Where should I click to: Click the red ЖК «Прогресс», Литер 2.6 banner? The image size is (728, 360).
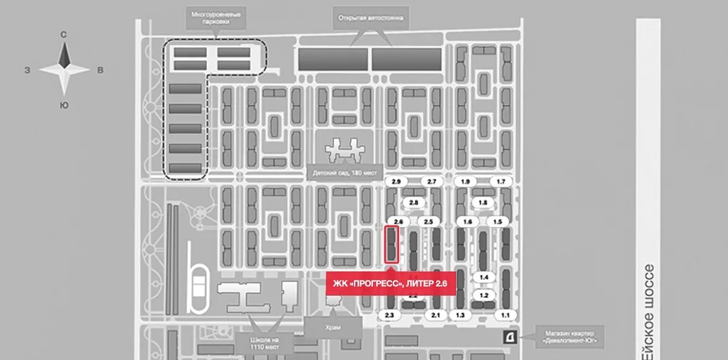390,284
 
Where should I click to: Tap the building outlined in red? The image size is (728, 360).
391,245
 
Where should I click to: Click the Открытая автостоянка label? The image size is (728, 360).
371,18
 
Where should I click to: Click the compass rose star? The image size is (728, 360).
64,70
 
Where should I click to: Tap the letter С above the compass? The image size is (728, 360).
64,35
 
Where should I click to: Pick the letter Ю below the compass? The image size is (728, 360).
64,105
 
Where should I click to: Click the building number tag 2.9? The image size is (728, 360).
397,181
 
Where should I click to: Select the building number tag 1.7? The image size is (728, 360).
501,181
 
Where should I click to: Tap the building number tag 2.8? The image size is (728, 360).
414,203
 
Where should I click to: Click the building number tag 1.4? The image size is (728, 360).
484,277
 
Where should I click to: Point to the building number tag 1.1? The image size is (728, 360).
506,315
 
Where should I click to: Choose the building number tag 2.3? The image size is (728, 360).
390,315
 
